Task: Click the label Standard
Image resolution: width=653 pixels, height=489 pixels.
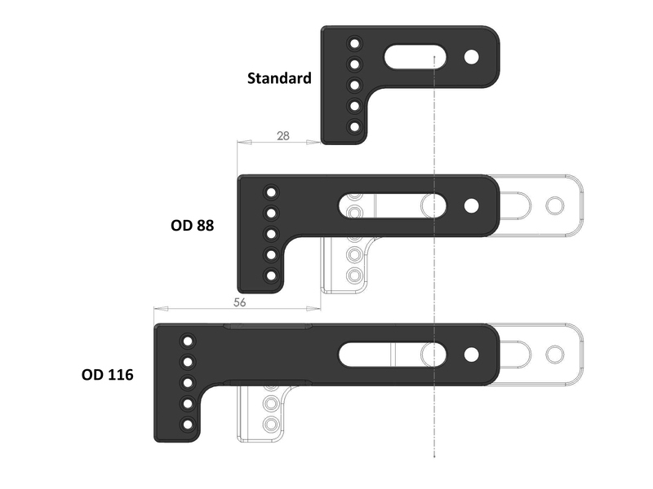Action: pos(279,78)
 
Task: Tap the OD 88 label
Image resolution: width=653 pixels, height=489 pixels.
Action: pos(192,226)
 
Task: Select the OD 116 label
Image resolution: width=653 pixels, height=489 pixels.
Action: pos(108,375)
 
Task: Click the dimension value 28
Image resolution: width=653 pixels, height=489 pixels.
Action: pos(282,136)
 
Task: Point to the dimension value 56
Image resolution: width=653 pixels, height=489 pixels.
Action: pos(239,302)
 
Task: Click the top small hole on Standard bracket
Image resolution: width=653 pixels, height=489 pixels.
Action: pos(354,43)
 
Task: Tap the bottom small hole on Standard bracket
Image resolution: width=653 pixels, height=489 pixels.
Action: pos(354,126)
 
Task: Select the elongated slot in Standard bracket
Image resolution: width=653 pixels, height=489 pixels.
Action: pos(415,57)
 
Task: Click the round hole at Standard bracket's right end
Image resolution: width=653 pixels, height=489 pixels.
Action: pos(471,57)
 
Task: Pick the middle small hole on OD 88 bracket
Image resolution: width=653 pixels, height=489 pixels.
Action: pos(271,234)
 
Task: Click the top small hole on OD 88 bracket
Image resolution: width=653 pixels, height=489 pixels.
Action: pos(271,192)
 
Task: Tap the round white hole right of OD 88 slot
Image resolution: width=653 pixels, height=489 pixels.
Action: pos(471,206)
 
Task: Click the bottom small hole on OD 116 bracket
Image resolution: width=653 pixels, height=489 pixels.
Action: pos(188,425)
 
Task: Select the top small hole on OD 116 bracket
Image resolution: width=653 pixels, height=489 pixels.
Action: pos(188,341)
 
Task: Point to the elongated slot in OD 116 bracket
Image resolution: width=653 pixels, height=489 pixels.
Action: pos(393,355)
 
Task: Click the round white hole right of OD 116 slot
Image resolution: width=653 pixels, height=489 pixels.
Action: pos(471,355)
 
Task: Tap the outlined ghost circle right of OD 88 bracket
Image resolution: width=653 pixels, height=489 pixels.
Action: pos(555,206)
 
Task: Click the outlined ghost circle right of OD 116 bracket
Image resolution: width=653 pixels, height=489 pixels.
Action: pos(555,355)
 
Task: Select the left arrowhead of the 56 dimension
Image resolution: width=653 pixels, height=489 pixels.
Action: pos(161,309)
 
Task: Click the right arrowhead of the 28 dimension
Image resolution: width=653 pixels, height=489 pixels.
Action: pos(313,142)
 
